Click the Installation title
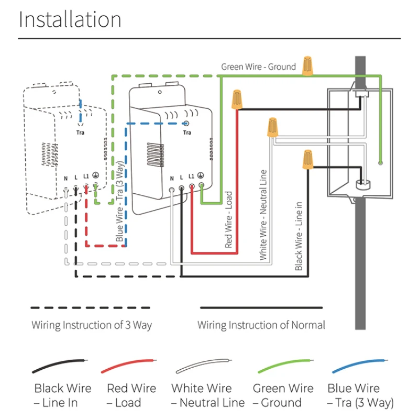tap(70, 20)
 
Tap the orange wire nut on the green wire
tap(307, 65)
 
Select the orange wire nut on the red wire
tap(237, 100)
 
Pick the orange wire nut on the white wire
tap(272, 128)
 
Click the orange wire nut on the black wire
tap(307, 160)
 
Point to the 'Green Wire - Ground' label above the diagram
tap(258, 67)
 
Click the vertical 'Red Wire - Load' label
tap(228, 219)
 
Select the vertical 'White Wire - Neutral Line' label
tap(263, 215)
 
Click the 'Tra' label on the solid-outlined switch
tap(187, 133)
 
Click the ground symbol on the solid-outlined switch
tap(201, 178)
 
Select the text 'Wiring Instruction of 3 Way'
tap(92, 325)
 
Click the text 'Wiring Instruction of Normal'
tap(261, 325)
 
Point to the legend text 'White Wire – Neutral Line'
tap(208, 395)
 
